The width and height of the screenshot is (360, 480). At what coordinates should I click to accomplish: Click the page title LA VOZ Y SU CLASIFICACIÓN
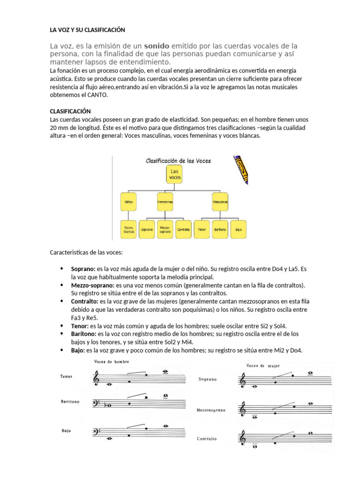(x=88, y=30)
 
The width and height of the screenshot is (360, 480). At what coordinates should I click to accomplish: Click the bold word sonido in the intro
(x=157, y=46)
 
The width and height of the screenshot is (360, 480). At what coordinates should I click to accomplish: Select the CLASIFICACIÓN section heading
(x=70, y=111)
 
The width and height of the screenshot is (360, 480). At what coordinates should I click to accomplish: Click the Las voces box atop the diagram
(x=174, y=175)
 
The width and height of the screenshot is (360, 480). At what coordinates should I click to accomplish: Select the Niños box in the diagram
(x=129, y=201)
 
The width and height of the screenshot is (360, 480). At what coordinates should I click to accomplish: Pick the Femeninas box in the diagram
(x=165, y=201)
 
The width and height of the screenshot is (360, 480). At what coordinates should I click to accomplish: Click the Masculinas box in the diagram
(x=220, y=201)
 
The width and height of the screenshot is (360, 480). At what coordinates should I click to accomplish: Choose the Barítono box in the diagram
(x=220, y=230)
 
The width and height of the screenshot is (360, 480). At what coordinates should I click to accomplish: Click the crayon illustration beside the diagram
(x=240, y=169)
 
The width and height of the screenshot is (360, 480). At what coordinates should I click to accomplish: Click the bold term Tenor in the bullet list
(x=79, y=325)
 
